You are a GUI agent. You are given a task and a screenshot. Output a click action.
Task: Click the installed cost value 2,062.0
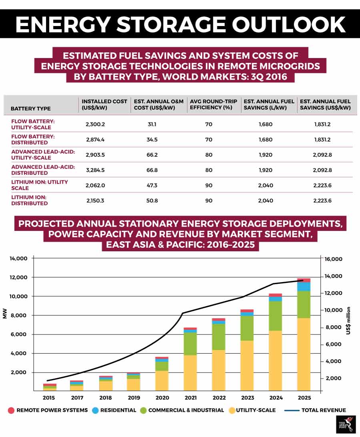[95, 185]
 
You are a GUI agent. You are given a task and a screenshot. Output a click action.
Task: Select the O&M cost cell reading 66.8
[152, 170]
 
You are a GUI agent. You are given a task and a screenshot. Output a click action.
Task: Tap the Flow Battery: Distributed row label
[33, 139]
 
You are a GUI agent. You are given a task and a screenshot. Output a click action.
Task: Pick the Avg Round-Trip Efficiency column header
[214, 104]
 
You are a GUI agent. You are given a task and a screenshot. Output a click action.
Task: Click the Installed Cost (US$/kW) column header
[104, 104]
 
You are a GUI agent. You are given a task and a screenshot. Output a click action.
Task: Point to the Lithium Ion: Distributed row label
[29, 200]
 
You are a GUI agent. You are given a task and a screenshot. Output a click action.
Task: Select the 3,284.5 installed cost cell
[95, 170]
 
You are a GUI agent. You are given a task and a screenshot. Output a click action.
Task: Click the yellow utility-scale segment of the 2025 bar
[304, 354]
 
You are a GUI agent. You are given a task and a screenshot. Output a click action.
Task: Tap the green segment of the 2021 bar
[190, 344]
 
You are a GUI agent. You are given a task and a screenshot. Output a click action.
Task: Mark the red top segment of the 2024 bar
[275, 295]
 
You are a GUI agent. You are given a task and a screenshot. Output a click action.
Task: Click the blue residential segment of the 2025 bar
[304, 287]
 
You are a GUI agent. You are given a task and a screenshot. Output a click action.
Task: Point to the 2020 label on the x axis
[162, 398]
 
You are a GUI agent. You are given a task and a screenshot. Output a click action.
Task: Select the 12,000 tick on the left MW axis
[18, 277]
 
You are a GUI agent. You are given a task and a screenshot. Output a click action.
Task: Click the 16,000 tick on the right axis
[334, 259]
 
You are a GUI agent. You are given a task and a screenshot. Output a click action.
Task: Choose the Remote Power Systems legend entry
[48, 410]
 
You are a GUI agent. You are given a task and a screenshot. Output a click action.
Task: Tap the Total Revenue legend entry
[315, 410]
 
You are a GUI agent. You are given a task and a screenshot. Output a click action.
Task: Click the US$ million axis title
[348, 321]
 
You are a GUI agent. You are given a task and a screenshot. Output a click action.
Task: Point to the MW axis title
[4, 313]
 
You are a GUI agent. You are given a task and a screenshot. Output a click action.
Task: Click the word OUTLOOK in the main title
[289, 24]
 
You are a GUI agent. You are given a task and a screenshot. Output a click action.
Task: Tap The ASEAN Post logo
[346, 425]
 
